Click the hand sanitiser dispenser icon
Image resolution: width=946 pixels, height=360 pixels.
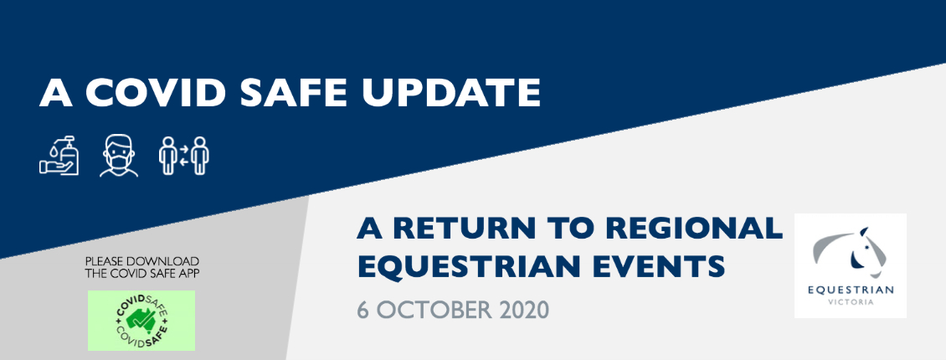coord(59,156)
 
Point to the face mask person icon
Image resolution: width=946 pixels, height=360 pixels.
coord(119,156)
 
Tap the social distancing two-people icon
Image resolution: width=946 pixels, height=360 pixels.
coord(184,156)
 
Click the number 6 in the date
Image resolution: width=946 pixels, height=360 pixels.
coord(362,309)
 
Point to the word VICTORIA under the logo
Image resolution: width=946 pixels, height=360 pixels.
coord(851,302)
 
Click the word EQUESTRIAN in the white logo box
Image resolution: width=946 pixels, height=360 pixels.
coord(851,290)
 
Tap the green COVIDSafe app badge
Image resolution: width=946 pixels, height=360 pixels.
coord(141,320)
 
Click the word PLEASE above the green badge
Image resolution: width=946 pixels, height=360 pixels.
coord(103,262)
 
